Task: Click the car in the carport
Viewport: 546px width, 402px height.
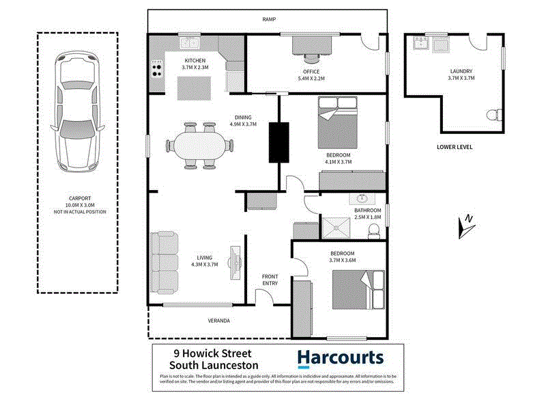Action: pos(77,111)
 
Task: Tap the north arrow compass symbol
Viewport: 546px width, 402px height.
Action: pos(467,226)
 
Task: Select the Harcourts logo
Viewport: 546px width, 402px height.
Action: pos(341,358)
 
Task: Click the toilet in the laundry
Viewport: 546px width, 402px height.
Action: pos(494,116)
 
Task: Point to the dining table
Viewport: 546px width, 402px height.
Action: pos(199,145)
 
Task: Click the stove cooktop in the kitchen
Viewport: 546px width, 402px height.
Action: pos(157,69)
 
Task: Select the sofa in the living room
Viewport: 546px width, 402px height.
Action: pos(164,263)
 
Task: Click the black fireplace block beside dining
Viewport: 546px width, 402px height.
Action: pos(278,142)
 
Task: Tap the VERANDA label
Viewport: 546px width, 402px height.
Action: pos(218,320)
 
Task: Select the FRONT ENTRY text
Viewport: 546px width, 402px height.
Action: pos(270,280)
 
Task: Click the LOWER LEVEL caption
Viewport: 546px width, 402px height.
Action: pos(454,147)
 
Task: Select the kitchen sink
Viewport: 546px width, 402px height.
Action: pos(190,44)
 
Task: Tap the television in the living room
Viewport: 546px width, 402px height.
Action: pos(235,263)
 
